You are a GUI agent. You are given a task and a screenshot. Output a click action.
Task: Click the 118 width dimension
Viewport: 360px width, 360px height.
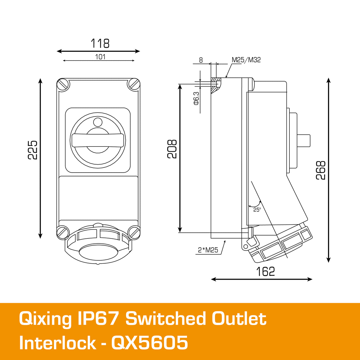pos(100,44)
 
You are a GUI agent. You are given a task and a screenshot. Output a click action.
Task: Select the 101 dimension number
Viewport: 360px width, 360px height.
pos(100,57)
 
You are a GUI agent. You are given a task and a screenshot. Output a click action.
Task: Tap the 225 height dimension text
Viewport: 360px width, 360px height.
pos(33,150)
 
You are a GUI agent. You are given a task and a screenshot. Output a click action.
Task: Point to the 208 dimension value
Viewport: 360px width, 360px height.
pos(172,149)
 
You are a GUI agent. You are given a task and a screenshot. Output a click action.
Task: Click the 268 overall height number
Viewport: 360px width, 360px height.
pos(321,170)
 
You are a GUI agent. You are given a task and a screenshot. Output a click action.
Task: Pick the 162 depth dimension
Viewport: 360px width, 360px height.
pos(265,271)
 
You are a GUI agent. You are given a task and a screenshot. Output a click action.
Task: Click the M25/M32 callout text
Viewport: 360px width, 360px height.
pos(246,60)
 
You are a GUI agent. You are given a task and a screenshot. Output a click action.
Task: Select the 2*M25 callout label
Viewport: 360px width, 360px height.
pos(208,250)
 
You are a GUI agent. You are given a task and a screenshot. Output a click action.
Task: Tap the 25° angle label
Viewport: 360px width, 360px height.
pos(257,210)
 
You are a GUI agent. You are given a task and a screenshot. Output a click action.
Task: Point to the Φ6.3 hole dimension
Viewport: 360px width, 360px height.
pos(196,98)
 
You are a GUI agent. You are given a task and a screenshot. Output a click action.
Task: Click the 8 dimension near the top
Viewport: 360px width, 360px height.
pos(201,60)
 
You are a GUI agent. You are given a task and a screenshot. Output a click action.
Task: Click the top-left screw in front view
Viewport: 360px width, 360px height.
pos(63,84)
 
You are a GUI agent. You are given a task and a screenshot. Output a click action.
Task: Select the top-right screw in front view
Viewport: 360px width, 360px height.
pos(134,84)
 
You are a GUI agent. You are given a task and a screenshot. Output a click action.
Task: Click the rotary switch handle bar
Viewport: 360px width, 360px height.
pos(98,140)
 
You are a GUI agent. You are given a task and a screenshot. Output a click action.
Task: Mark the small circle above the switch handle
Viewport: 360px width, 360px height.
pos(98,122)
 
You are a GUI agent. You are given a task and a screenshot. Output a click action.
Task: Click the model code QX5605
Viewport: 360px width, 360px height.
pos(149,343)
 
